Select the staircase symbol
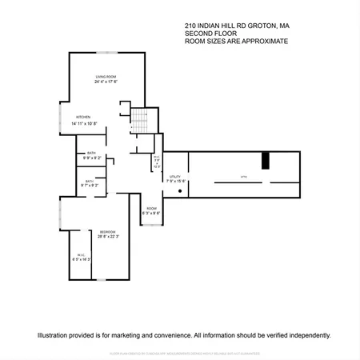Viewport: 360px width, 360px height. point(140,120)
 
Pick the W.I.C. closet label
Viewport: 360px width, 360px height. point(82,255)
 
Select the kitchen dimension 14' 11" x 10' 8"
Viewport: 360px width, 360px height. point(84,123)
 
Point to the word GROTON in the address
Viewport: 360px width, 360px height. point(255,26)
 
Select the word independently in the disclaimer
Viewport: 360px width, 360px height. point(307,336)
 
